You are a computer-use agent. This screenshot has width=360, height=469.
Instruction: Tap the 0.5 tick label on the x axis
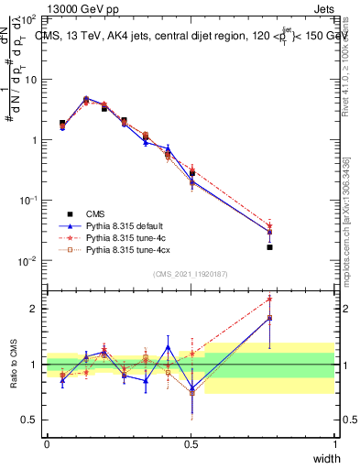191,443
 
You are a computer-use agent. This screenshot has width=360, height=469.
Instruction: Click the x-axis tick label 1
335,443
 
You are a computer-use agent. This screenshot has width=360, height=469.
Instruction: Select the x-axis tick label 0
47,443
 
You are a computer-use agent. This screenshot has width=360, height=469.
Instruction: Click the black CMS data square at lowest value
269,247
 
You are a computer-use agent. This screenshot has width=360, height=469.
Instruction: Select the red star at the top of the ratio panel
269,299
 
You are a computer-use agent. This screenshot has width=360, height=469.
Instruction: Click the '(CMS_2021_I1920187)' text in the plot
191,273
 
